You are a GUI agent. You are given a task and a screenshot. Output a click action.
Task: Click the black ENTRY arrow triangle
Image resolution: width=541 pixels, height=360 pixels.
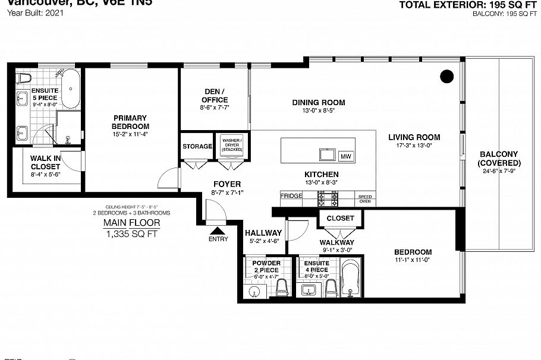(218, 230)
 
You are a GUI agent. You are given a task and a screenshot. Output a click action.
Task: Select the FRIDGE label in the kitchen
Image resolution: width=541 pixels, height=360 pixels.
(291, 195)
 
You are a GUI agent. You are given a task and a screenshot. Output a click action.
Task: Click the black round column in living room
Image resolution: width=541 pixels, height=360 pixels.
(447, 75)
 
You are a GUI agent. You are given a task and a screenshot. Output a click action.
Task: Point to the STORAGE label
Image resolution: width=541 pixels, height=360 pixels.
(197, 146)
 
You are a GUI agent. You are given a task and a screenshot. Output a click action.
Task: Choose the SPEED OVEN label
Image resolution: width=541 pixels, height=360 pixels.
(364, 198)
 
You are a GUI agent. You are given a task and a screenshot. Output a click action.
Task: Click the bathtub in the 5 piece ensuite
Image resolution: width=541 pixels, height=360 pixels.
(71, 89)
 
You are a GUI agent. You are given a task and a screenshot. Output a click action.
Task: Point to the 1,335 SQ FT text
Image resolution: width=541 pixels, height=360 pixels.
(131, 233)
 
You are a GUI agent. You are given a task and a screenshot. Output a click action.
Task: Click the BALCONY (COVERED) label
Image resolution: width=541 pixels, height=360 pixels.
(499, 158)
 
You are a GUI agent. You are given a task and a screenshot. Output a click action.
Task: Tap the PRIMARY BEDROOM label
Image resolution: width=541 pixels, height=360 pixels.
(130, 122)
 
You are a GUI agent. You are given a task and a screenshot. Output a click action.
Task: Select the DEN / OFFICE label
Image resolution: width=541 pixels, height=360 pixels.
(215, 96)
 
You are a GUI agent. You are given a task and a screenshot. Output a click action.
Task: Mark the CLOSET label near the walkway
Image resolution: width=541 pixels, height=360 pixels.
(340, 218)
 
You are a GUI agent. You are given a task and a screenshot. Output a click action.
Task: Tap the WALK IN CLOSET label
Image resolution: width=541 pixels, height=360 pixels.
(45, 162)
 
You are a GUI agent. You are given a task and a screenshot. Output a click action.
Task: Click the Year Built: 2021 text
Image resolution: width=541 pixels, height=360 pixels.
(32, 12)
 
